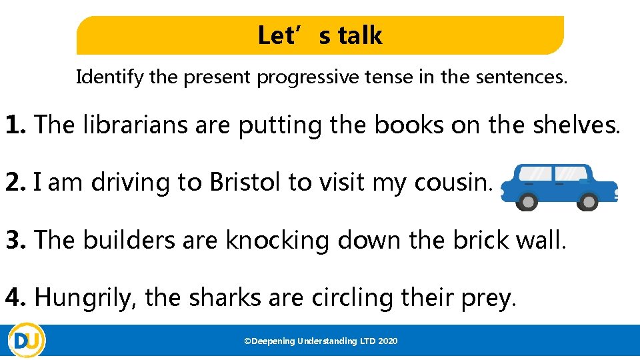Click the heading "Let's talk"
pyautogui.click(x=320, y=35)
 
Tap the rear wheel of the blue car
pyautogui.click(x=528, y=201)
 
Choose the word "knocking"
pyautogui.click(x=277, y=240)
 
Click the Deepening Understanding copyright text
pyautogui.click(x=321, y=341)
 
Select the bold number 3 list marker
pyautogui.click(x=16, y=240)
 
